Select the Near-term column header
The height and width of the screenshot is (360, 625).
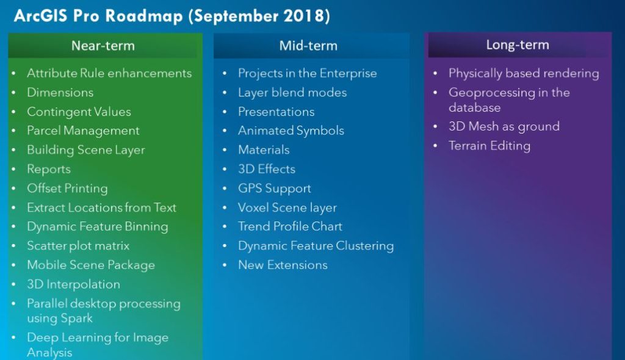point(103,45)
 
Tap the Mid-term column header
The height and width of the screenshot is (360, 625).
point(308,45)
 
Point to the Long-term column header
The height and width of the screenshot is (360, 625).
point(518,45)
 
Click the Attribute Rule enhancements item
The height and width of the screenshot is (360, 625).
point(109,73)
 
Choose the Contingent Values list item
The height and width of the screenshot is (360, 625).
point(79,112)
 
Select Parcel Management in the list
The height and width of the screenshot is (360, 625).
point(83,131)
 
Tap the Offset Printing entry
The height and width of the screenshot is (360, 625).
point(67,188)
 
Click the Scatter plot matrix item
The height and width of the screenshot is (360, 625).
point(78,245)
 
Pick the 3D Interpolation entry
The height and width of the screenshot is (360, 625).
point(73,284)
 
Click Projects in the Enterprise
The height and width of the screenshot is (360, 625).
point(308,73)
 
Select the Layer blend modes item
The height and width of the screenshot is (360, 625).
point(292,93)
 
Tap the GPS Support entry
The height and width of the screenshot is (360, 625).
point(274,188)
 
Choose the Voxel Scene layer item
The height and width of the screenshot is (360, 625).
point(287,207)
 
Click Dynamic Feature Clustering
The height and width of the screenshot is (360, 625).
point(316,245)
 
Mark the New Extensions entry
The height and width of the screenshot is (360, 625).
point(283,265)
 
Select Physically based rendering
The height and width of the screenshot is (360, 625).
point(524,73)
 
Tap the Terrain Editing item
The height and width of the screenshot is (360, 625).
point(490,145)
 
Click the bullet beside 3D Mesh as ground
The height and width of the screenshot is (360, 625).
point(435,126)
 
